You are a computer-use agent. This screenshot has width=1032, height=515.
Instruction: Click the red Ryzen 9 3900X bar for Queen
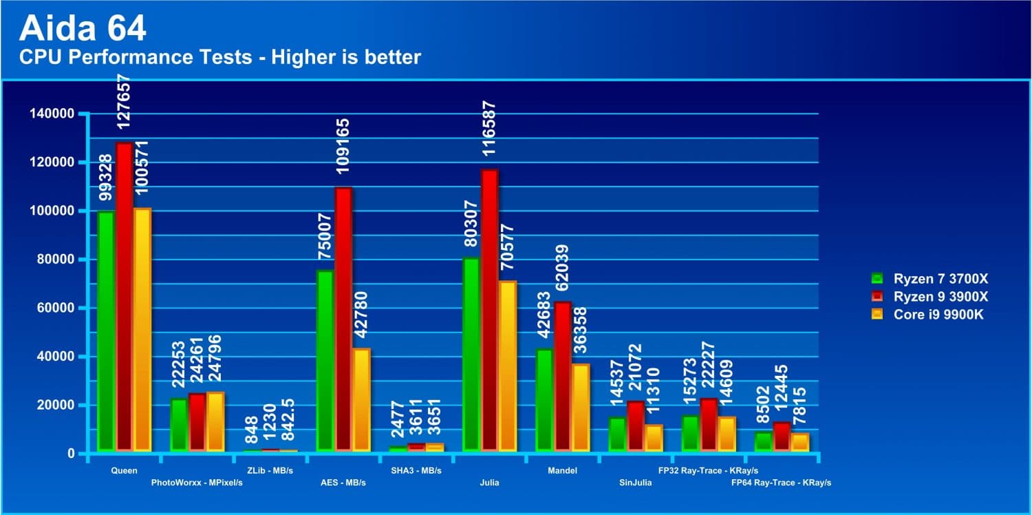125,296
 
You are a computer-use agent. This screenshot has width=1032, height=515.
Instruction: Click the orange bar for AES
361,400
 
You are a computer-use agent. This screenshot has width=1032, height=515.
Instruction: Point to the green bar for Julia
471,355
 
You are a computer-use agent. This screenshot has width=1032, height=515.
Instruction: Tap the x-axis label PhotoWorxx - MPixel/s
197,483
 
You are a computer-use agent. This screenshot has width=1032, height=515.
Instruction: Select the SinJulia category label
635,483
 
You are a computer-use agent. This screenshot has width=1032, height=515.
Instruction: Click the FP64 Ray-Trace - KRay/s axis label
781,483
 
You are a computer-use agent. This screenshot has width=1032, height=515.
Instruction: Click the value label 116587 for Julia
490,131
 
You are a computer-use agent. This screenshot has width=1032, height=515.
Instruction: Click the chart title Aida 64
83,29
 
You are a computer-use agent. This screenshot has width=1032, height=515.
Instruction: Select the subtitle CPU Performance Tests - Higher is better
220,57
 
